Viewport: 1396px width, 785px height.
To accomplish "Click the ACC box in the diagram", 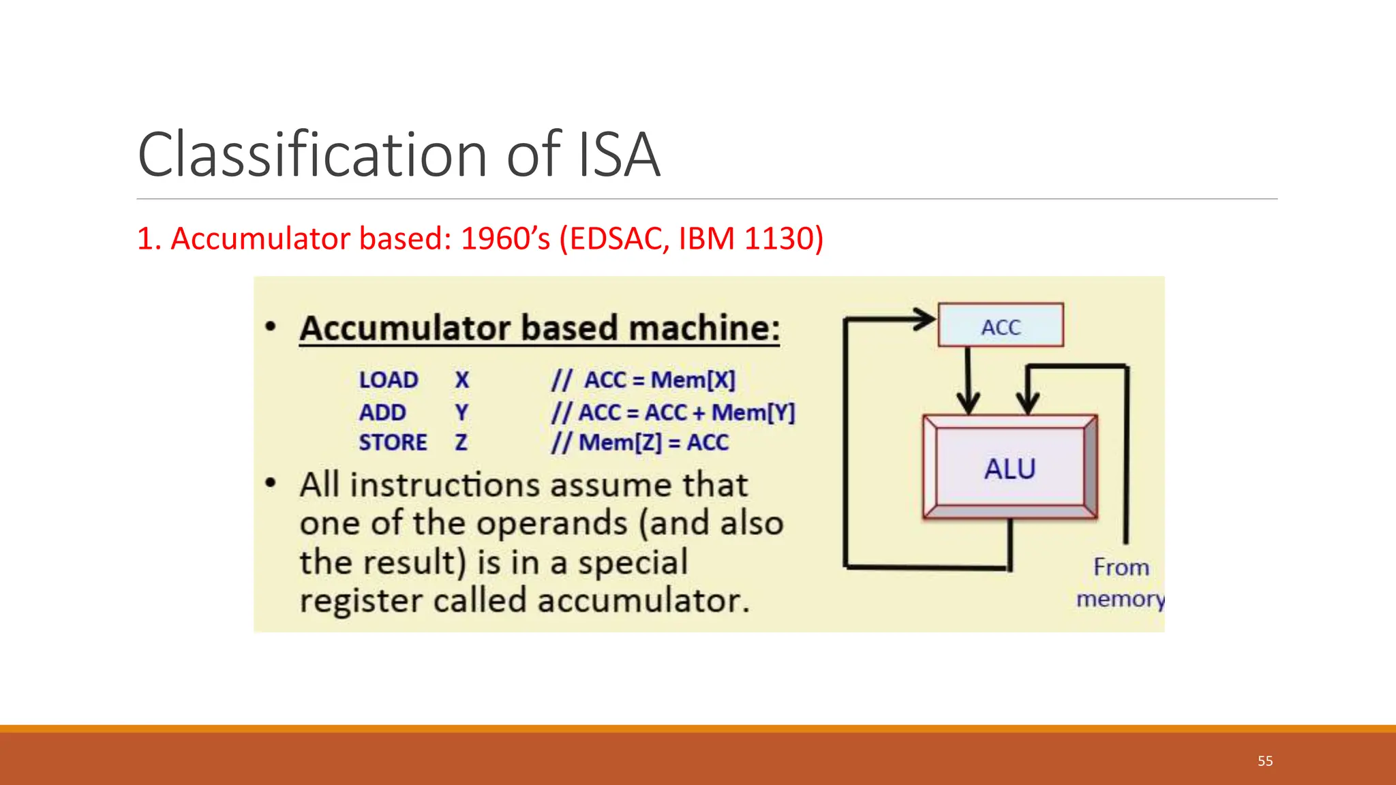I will pos(1000,326).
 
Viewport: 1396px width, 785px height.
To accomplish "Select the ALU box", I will pos(1010,469).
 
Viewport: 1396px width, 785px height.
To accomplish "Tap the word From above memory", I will pos(1121,567).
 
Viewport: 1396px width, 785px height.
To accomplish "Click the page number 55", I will pos(1265,761).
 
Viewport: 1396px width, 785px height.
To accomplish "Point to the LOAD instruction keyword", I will pos(389,380).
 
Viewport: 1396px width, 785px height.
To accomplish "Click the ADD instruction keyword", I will pos(382,412).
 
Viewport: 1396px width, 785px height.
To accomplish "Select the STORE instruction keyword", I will pos(393,442).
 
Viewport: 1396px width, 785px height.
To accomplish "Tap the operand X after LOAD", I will pos(462,380).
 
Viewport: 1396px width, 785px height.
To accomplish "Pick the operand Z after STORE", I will pos(461,442).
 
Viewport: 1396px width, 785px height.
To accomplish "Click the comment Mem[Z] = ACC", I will pos(653,442).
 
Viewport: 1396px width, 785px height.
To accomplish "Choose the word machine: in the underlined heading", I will pos(704,328).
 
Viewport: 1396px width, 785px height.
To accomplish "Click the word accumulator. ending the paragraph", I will pos(643,601).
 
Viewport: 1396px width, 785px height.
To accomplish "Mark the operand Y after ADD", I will pos(461,412).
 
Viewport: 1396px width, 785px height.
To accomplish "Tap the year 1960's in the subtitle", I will pos(505,238).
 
